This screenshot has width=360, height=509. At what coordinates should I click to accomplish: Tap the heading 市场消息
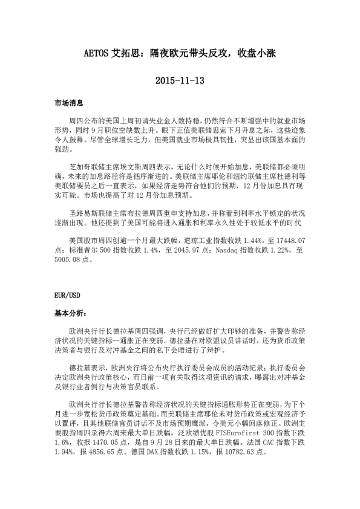click(68, 104)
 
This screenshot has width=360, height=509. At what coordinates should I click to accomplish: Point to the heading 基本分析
click(70, 314)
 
